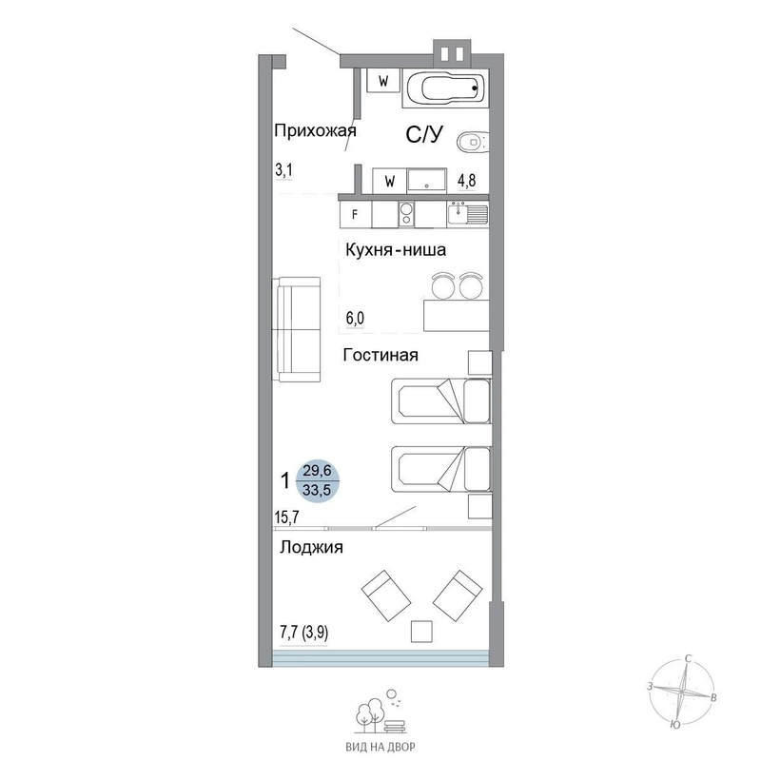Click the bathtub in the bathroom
(445, 88)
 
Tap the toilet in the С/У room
(473, 142)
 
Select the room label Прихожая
(315, 131)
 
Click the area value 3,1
(283, 170)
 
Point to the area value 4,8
(467, 181)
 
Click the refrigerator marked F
(355, 215)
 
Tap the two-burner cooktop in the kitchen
(407, 215)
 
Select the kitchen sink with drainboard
(468, 214)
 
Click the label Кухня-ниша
(396, 250)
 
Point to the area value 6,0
(355, 319)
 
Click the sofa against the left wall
(297, 329)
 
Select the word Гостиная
(380, 355)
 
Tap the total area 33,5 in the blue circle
(317, 490)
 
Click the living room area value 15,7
(287, 517)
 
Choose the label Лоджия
(312, 548)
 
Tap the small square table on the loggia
(421, 631)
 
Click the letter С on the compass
(688, 658)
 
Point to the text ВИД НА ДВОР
(380, 747)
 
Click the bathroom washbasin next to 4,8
(426, 181)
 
